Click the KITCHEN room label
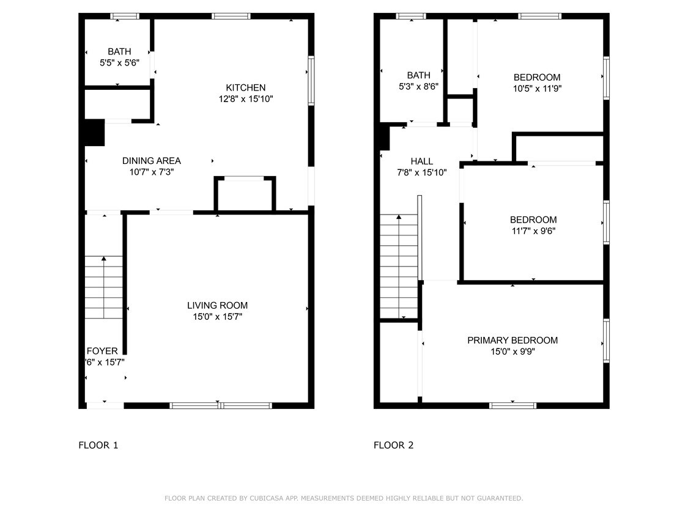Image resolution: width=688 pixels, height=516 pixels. click(246, 87)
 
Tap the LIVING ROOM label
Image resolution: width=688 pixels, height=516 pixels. click(217, 306)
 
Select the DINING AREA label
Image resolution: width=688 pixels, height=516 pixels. click(151, 161)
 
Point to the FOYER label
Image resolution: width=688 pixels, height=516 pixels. click(102, 351)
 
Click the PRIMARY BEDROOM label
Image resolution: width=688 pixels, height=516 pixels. click(512, 341)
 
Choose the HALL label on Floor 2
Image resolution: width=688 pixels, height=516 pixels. click(421, 161)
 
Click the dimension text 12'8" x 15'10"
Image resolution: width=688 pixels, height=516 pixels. click(246, 98)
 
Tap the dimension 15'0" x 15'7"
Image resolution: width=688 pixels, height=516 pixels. click(217, 317)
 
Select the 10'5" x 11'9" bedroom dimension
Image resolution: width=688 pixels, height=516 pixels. click(537, 88)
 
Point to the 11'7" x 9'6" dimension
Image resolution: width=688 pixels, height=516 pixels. click(533, 231)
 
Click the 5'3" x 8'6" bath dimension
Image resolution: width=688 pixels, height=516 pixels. click(418, 87)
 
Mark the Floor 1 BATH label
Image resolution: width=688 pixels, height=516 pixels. click(119, 52)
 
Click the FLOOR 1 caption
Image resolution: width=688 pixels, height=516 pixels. click(98, 445)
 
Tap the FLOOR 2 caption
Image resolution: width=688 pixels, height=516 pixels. click(393, 445)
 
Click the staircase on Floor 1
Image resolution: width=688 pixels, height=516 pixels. click(103, 287)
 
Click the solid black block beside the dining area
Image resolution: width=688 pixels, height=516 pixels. click(94, 133)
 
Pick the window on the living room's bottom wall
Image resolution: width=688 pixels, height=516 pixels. click(220, 405)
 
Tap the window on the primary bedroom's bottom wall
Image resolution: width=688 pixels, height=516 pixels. click(512, 405)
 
